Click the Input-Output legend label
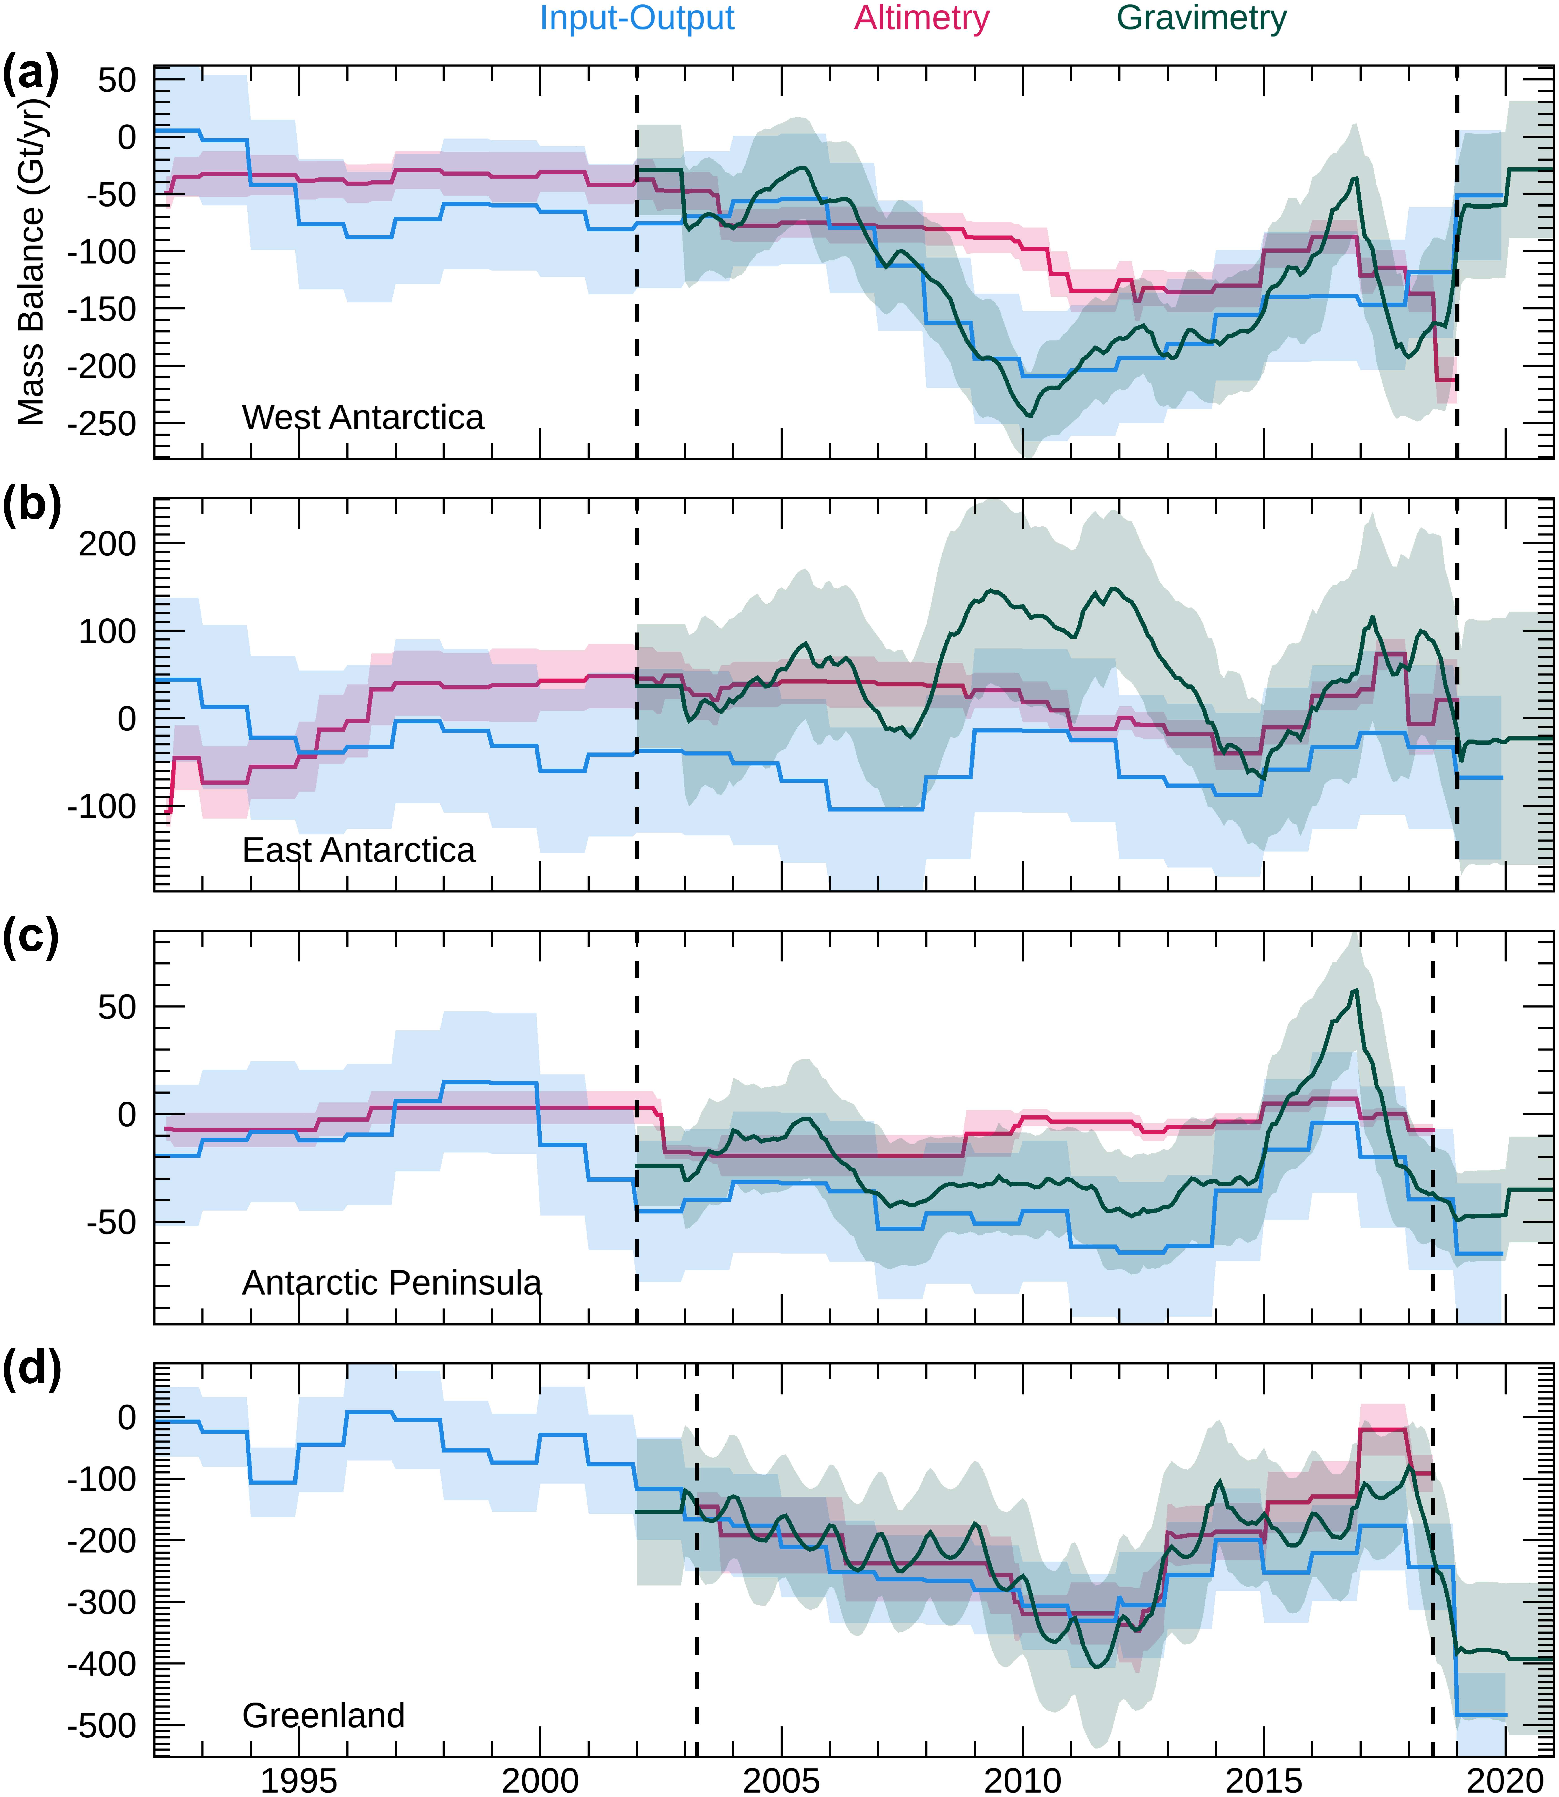(x=637, y=18)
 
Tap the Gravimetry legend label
(x=1201, y=18)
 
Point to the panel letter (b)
(x=31, y=506)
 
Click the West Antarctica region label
(x=363, y=418)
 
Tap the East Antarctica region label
(x=358, y=850)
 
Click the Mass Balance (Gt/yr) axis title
(x=31, y=261)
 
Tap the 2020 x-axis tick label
(x=1505, y=1780)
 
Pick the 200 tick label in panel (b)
(x=108, y=544)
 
